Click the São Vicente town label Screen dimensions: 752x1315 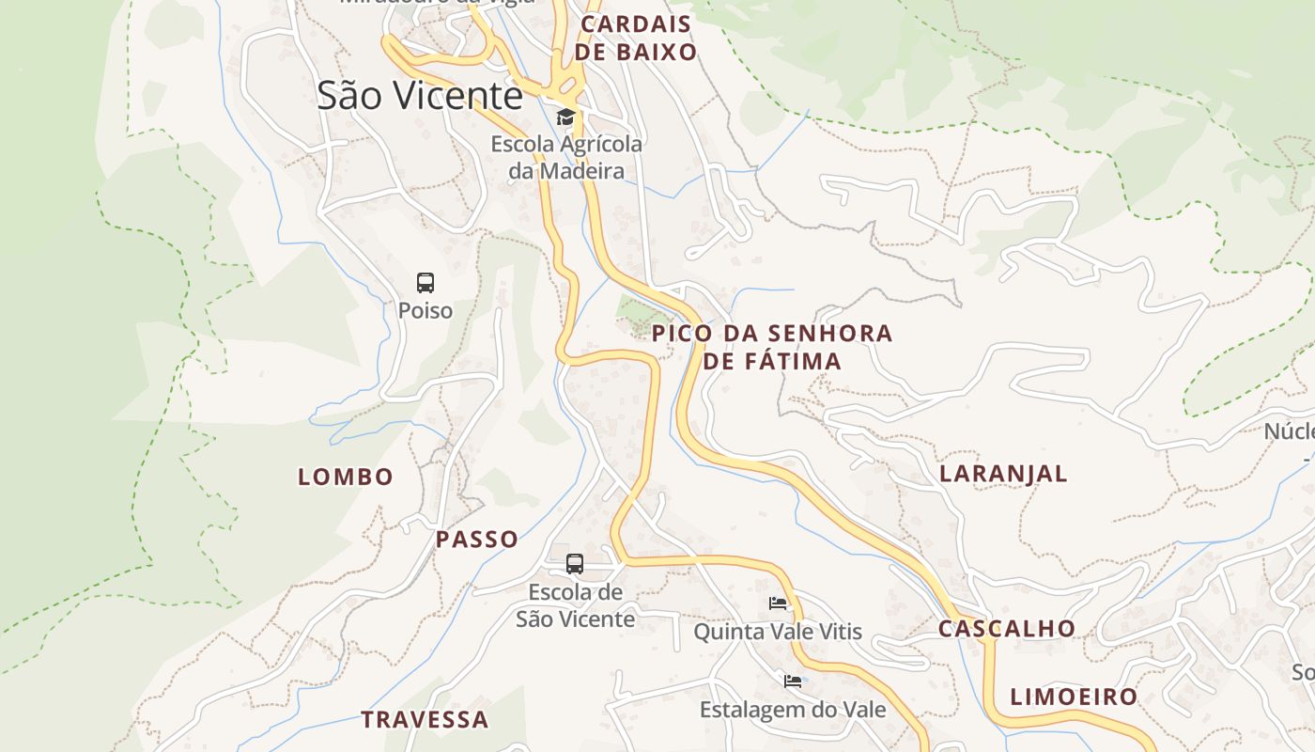(419, 96)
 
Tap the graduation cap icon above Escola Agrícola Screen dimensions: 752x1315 (565, 117)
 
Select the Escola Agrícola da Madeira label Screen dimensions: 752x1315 (566, 158)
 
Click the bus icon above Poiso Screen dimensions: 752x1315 (425, 282)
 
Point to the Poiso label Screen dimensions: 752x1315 (425, 310)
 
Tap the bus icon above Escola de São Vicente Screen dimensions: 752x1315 (575, 564)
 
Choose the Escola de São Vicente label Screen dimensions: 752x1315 (575, 606)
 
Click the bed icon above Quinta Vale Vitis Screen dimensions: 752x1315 (778, 603)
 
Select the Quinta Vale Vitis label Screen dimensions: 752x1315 (778, 632)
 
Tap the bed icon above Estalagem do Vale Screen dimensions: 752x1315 (793, 681)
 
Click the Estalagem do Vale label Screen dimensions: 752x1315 (793, 710)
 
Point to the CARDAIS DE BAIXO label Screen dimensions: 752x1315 (636, 38)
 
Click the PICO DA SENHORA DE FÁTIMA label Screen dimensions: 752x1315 (772, 347)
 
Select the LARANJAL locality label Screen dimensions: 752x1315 (1003, 474)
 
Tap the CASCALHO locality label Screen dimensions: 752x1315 (1007, 629)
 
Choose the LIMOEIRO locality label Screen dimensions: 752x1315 (1074, 697)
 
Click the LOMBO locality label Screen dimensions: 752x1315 (346, 477)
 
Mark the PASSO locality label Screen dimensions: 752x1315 (477, 540)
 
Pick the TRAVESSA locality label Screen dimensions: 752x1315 (425, 720)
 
